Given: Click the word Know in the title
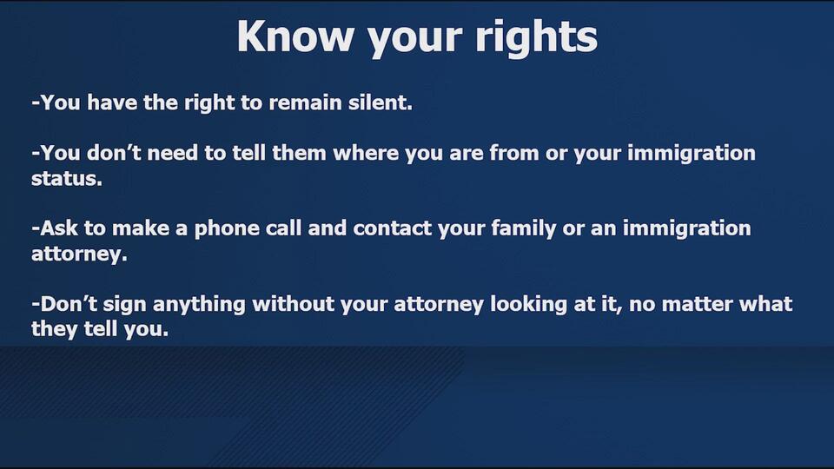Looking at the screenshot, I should click(x=295, y=36).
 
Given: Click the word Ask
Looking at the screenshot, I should click(x=59, y=229).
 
